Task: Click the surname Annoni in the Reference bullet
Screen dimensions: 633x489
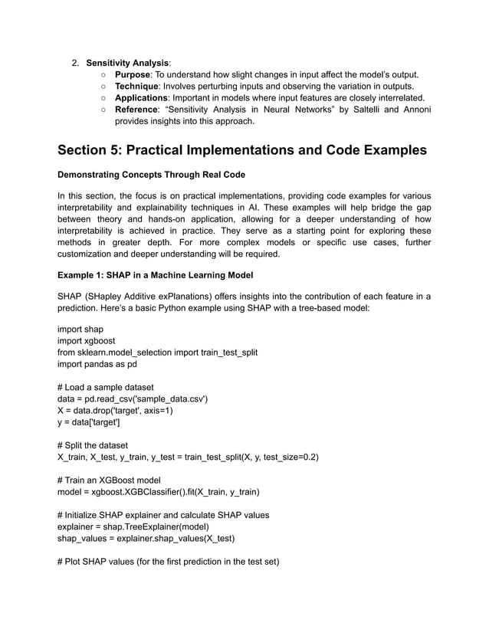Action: [x=415, y=110]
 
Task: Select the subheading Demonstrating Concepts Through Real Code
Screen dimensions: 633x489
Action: [x=151, y=175]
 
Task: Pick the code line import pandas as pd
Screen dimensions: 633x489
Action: [x=97, y=364]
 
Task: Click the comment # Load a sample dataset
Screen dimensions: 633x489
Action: [x=106, y=387]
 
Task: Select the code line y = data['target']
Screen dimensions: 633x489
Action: [x=89, y=422]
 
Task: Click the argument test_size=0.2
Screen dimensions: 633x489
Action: [x=290, y=458]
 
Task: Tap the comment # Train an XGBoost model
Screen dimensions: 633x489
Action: [x=109, y=480]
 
